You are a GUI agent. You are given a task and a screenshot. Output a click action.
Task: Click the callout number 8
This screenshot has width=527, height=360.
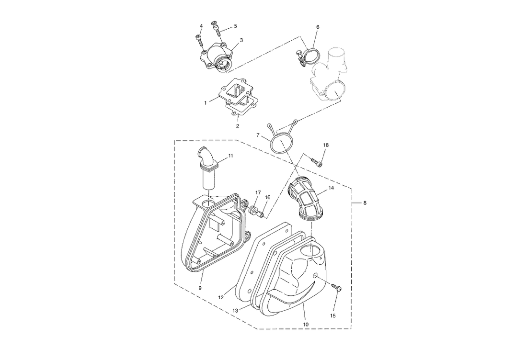coord(365,203)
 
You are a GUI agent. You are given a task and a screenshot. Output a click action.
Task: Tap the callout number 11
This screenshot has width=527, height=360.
coord(230,156)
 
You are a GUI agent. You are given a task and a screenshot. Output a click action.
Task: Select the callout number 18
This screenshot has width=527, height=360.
coord(326,145)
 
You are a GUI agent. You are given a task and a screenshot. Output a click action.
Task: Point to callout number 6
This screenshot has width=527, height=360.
coord(317,27)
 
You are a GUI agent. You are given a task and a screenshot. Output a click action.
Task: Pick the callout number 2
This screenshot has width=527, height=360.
coord(237,126)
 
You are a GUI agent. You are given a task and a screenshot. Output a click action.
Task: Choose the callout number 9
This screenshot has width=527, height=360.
coord(200,288)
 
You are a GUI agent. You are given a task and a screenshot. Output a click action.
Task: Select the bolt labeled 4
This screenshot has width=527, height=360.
coord(198,39)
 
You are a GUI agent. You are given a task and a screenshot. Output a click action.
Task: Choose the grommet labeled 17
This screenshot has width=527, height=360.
coord(252,210)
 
